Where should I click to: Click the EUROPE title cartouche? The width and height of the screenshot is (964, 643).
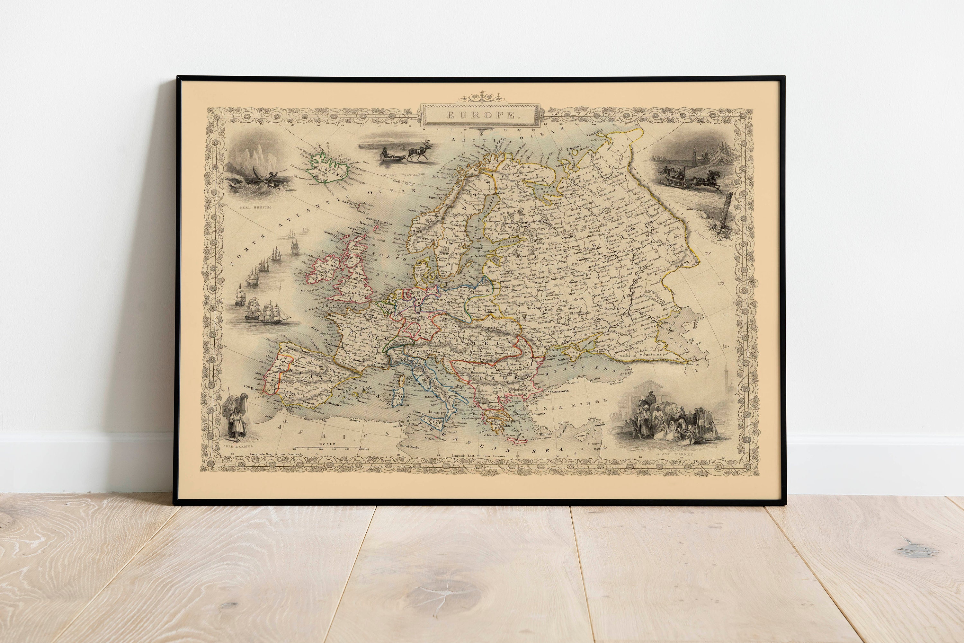(480, 115)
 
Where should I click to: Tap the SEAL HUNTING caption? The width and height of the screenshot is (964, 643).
(255, 207)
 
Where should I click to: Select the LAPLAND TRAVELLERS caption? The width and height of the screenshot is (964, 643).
(402, 175)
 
